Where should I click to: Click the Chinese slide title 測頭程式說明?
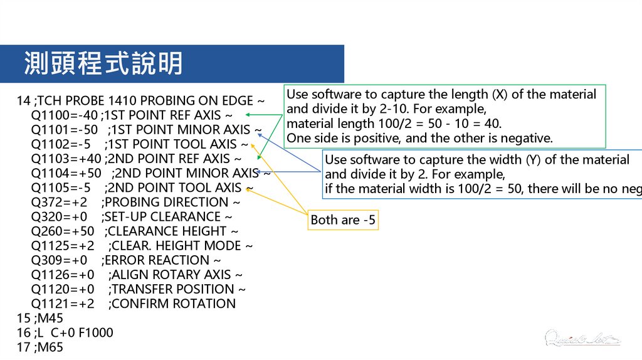pos(103,64)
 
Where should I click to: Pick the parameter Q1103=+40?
pos(66,159)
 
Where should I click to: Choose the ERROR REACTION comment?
pos(157,260)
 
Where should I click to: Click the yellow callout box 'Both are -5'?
pos(344,220)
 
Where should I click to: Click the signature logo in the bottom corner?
pos(582,339)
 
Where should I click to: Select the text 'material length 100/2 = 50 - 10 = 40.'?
pos(394,124)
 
